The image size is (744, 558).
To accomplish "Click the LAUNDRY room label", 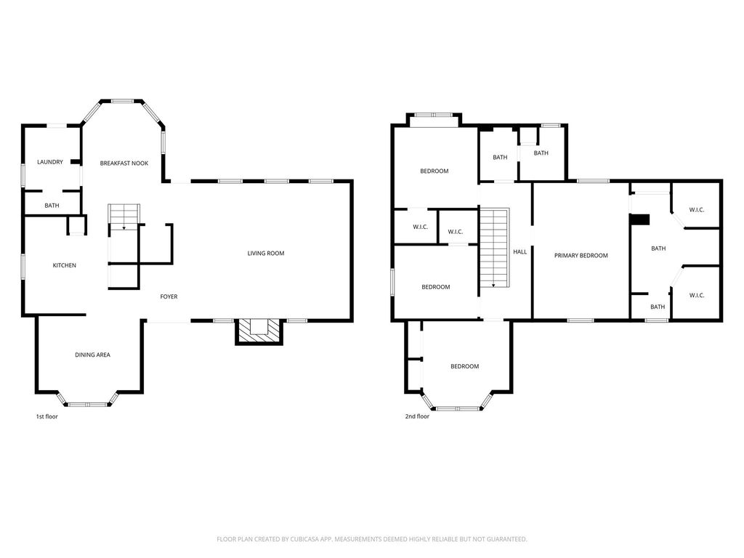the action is tap(50, 162).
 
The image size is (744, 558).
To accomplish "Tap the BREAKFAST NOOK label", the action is tap(124, 163).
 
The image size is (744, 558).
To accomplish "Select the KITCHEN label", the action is tap(64, 266).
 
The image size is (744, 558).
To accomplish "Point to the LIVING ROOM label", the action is tap(266, 254).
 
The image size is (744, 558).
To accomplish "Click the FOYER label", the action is tap(169, 296).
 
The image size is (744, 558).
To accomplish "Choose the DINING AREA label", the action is tap(92, 355).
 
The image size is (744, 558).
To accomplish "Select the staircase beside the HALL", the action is tap(494, 248).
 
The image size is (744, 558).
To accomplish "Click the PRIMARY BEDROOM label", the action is tap(581, 256).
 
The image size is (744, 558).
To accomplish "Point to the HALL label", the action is tap(520, 252).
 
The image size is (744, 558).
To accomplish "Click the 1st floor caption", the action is tap(47, 416).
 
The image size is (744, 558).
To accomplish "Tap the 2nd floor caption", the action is tap(417, 416).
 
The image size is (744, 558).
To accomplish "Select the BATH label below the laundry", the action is tap(52, 206).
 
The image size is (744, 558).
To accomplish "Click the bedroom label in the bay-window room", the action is tap(464, 366).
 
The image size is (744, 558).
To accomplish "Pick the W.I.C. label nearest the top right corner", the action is tap(697, 210).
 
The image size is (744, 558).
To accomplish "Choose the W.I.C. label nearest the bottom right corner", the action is tap(697, 295).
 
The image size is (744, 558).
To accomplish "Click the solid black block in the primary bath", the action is tap(639, 219).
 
